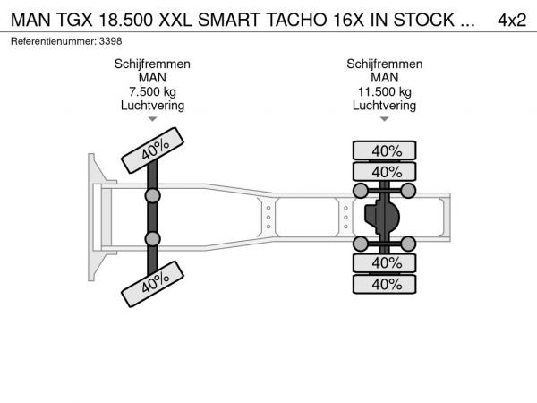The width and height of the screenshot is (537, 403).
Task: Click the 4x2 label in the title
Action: click(511, 21)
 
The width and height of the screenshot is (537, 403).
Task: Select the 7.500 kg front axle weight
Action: click(152, 91)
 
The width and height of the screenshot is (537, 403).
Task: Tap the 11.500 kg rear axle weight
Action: click(385, 91)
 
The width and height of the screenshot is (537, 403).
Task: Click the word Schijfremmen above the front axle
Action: click(152, 64)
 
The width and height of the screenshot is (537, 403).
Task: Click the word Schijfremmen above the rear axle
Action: click(385, 64)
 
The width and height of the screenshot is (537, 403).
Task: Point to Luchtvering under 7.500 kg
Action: click(152, 105)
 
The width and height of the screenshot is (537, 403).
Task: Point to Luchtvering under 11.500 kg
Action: click(385, 105)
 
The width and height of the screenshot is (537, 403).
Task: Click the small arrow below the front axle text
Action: click(152, 119)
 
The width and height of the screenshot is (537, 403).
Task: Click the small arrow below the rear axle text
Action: click(385, 119)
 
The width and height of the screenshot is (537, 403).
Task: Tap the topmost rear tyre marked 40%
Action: click(386, 150)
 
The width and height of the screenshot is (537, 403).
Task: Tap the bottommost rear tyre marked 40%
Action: click(386, 284)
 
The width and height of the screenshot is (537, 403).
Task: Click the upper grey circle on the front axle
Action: click(153, 195)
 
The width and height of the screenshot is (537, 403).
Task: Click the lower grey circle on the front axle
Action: click(153, 238)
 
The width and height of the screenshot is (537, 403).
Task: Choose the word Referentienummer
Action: click(52, 41)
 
